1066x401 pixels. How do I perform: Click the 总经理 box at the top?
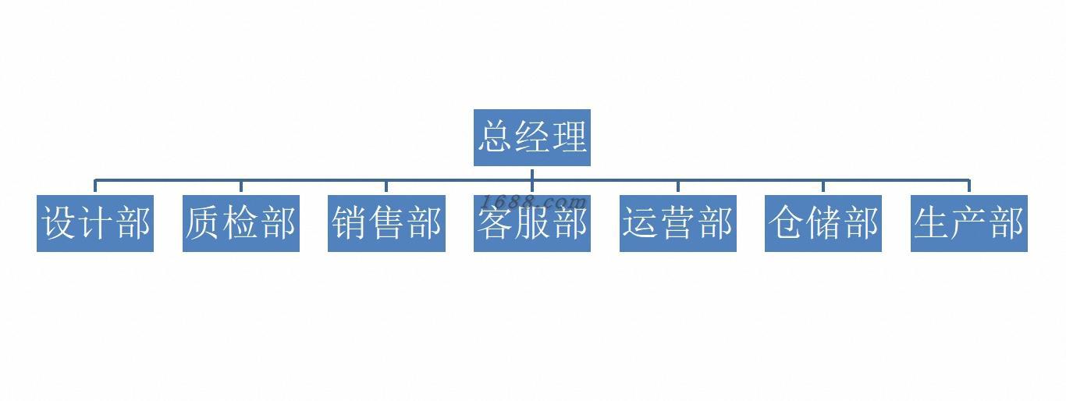click(x=531, y=137)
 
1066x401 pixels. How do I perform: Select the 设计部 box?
click(x=94, y=223)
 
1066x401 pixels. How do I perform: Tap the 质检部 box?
click(x=240, y=223)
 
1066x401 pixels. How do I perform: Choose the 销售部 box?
click(x=386, y=223)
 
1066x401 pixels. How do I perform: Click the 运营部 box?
click(x=677, y=223)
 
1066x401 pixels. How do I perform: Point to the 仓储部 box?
click(x=823, y=223)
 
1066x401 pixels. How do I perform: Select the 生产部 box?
click(x=968, y=223)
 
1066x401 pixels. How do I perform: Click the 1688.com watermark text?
click(x=534, y=201)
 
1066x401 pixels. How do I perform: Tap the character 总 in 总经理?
click(x=496, y=137)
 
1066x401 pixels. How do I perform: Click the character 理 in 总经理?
click(x=568, y=137)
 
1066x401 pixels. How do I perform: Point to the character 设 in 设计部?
click(x=59, y=223)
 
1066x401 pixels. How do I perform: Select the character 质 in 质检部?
click(x=204, y=223)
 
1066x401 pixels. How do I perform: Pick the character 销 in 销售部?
click(x=349, y=223)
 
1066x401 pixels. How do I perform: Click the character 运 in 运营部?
click(x=641, y=223)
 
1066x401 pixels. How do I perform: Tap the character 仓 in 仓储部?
click(x=787, y=223)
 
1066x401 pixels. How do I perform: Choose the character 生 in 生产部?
click(x=932, y=223)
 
